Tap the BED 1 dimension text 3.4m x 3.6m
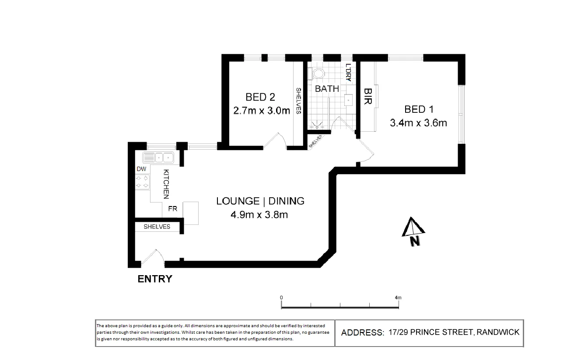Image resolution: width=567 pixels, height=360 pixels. [x=418, y=123]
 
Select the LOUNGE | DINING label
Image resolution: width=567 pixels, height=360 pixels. [x=260, y=201]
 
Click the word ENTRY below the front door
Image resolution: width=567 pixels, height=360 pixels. [x=155, y=279]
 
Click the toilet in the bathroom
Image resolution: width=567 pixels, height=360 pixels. [x=317, y=74]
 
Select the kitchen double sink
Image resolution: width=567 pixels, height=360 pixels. [x=158, y=157]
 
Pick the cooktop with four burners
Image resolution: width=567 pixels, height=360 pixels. [x=142, y=182]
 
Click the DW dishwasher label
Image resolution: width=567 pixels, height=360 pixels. [x=141, y=169]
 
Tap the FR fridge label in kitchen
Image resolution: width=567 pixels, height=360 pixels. [x=173, y=209]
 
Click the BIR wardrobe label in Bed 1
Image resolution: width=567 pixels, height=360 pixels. [x=367, y=97]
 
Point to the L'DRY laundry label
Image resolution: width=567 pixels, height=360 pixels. [x=348, y=73]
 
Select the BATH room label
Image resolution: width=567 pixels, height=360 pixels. [x=327, y=89]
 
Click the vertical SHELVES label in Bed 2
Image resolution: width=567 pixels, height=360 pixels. [x=298, y=101]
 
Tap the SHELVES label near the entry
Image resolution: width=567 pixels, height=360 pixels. [x=157, y=227]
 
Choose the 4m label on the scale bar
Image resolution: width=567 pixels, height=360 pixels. [x=398, y=298]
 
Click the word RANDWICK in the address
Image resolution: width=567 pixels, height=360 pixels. [x=498, y=332]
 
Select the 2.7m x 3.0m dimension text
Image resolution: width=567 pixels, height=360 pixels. [x=261, y=111]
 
